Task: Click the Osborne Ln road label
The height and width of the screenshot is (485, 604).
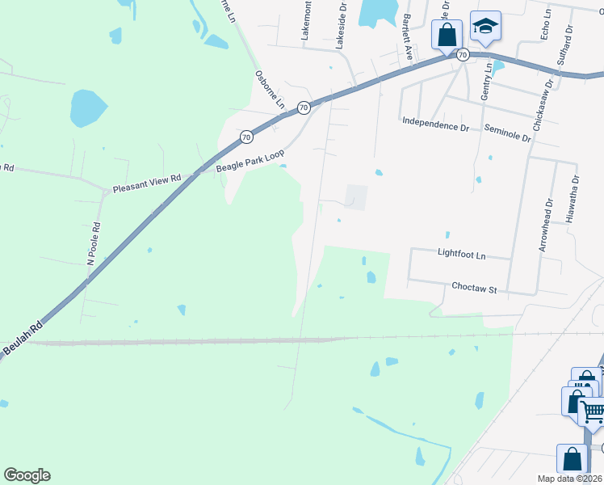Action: pos(270,90)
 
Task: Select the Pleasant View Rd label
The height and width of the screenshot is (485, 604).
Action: pos(147,183)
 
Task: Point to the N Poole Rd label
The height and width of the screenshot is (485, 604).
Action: pos(94,243)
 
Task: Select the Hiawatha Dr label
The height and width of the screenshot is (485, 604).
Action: pos(573,200)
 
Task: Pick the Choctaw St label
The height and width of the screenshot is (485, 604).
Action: pos(474,287)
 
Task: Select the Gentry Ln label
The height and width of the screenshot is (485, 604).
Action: pos(485,83)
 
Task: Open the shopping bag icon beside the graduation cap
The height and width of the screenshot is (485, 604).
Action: pos(447,36)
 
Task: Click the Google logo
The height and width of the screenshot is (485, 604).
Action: pos(27,475)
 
